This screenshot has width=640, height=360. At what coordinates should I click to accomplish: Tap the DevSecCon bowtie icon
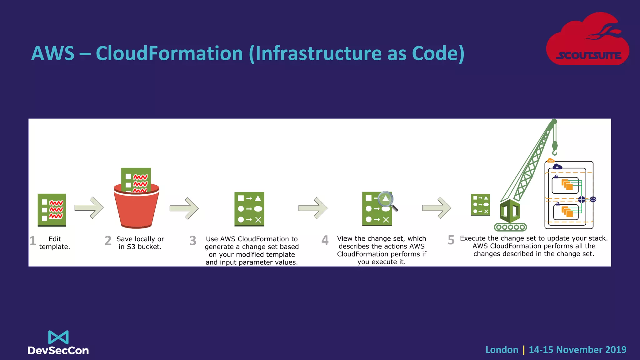pyautogui.click(x=58, y=337)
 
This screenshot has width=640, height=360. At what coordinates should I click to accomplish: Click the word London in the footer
pyautogui.click(x=502, y=350)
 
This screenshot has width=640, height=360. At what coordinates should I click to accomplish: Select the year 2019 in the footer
pyautogui.click(x=615, y=350)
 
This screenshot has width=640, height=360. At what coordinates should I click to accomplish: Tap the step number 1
pyautogui.click(x=33, y=241)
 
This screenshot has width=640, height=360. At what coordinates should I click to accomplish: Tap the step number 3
pyautogui.click(x=193, y=241)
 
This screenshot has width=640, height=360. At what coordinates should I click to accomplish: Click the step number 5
pyautogui.click(x=451, y=240)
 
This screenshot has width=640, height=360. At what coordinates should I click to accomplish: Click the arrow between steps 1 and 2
pyautogui.click(x=89, y=207)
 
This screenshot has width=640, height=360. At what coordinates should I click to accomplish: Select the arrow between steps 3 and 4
pyautogui.click(x=313, y=208)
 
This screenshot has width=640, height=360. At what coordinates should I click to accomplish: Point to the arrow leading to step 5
pyautogui.click(x=437, y=208)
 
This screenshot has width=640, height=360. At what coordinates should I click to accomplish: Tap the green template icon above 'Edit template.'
pyautogui.click(x=52, y=210)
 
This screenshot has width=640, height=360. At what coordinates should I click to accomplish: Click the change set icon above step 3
pyautogui.click(x=249, y=209)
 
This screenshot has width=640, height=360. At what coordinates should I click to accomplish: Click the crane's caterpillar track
pyautogui.click(x=510, y=227)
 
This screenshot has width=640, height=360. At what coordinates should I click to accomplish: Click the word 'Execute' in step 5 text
pyautogui.click(x=472, y=238)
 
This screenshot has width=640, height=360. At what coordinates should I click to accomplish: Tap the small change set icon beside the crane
pyautogui.click(x=480, y=205)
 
